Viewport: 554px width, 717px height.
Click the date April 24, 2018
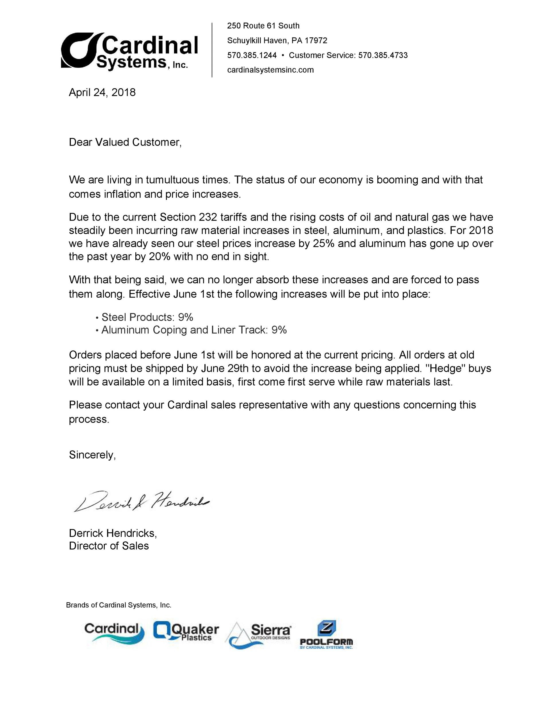(x=102, y=92)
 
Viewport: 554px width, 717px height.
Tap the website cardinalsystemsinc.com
(x=270, y=70)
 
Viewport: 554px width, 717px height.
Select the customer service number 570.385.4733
(x=383, y=55)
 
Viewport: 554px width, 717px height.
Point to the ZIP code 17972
(x=316, y=40)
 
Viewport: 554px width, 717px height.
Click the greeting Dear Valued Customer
(x=125, y=142)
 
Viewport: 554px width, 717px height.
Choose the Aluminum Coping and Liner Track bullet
(x=194, y=330)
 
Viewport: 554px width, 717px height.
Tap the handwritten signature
(x=141, y=501)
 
